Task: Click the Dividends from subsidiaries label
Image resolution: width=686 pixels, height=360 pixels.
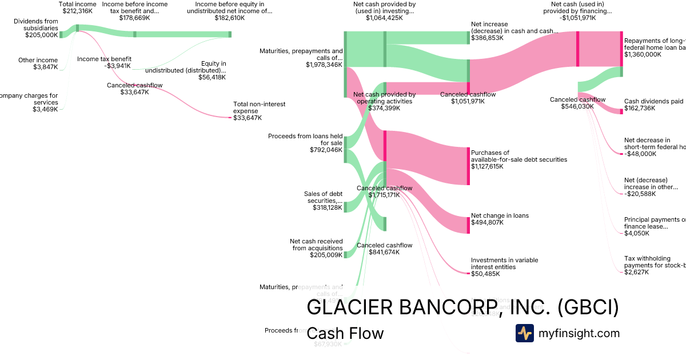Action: click(x=35, y=25)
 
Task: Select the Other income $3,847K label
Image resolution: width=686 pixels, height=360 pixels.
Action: click(x=38, y=63)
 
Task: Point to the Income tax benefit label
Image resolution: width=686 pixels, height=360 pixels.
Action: click(x=104, y=59)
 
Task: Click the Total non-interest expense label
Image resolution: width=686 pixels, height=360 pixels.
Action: click(x=259, y=107)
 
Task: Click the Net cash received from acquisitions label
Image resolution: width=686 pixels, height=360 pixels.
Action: click(x=316, y=245)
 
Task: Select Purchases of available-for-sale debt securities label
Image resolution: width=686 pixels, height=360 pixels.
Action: click(x=519, y=156)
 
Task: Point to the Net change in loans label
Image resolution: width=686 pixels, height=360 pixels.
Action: click(x=500, y=215)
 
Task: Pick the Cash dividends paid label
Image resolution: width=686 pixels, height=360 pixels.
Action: click(x=653, y=101)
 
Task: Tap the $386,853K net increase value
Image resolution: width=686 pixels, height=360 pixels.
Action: click(x=487, y=38)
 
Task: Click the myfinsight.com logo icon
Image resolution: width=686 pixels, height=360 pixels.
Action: click(x=524, y=333)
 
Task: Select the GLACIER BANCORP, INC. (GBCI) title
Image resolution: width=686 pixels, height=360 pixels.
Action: click(x=462, y=307)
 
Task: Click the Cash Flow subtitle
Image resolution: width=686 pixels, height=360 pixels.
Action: click(x=345, y=333)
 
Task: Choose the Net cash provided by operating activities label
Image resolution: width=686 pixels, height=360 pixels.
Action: click(x=384, y=98)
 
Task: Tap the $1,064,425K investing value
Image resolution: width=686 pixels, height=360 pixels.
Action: click(x=384, y=18)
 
